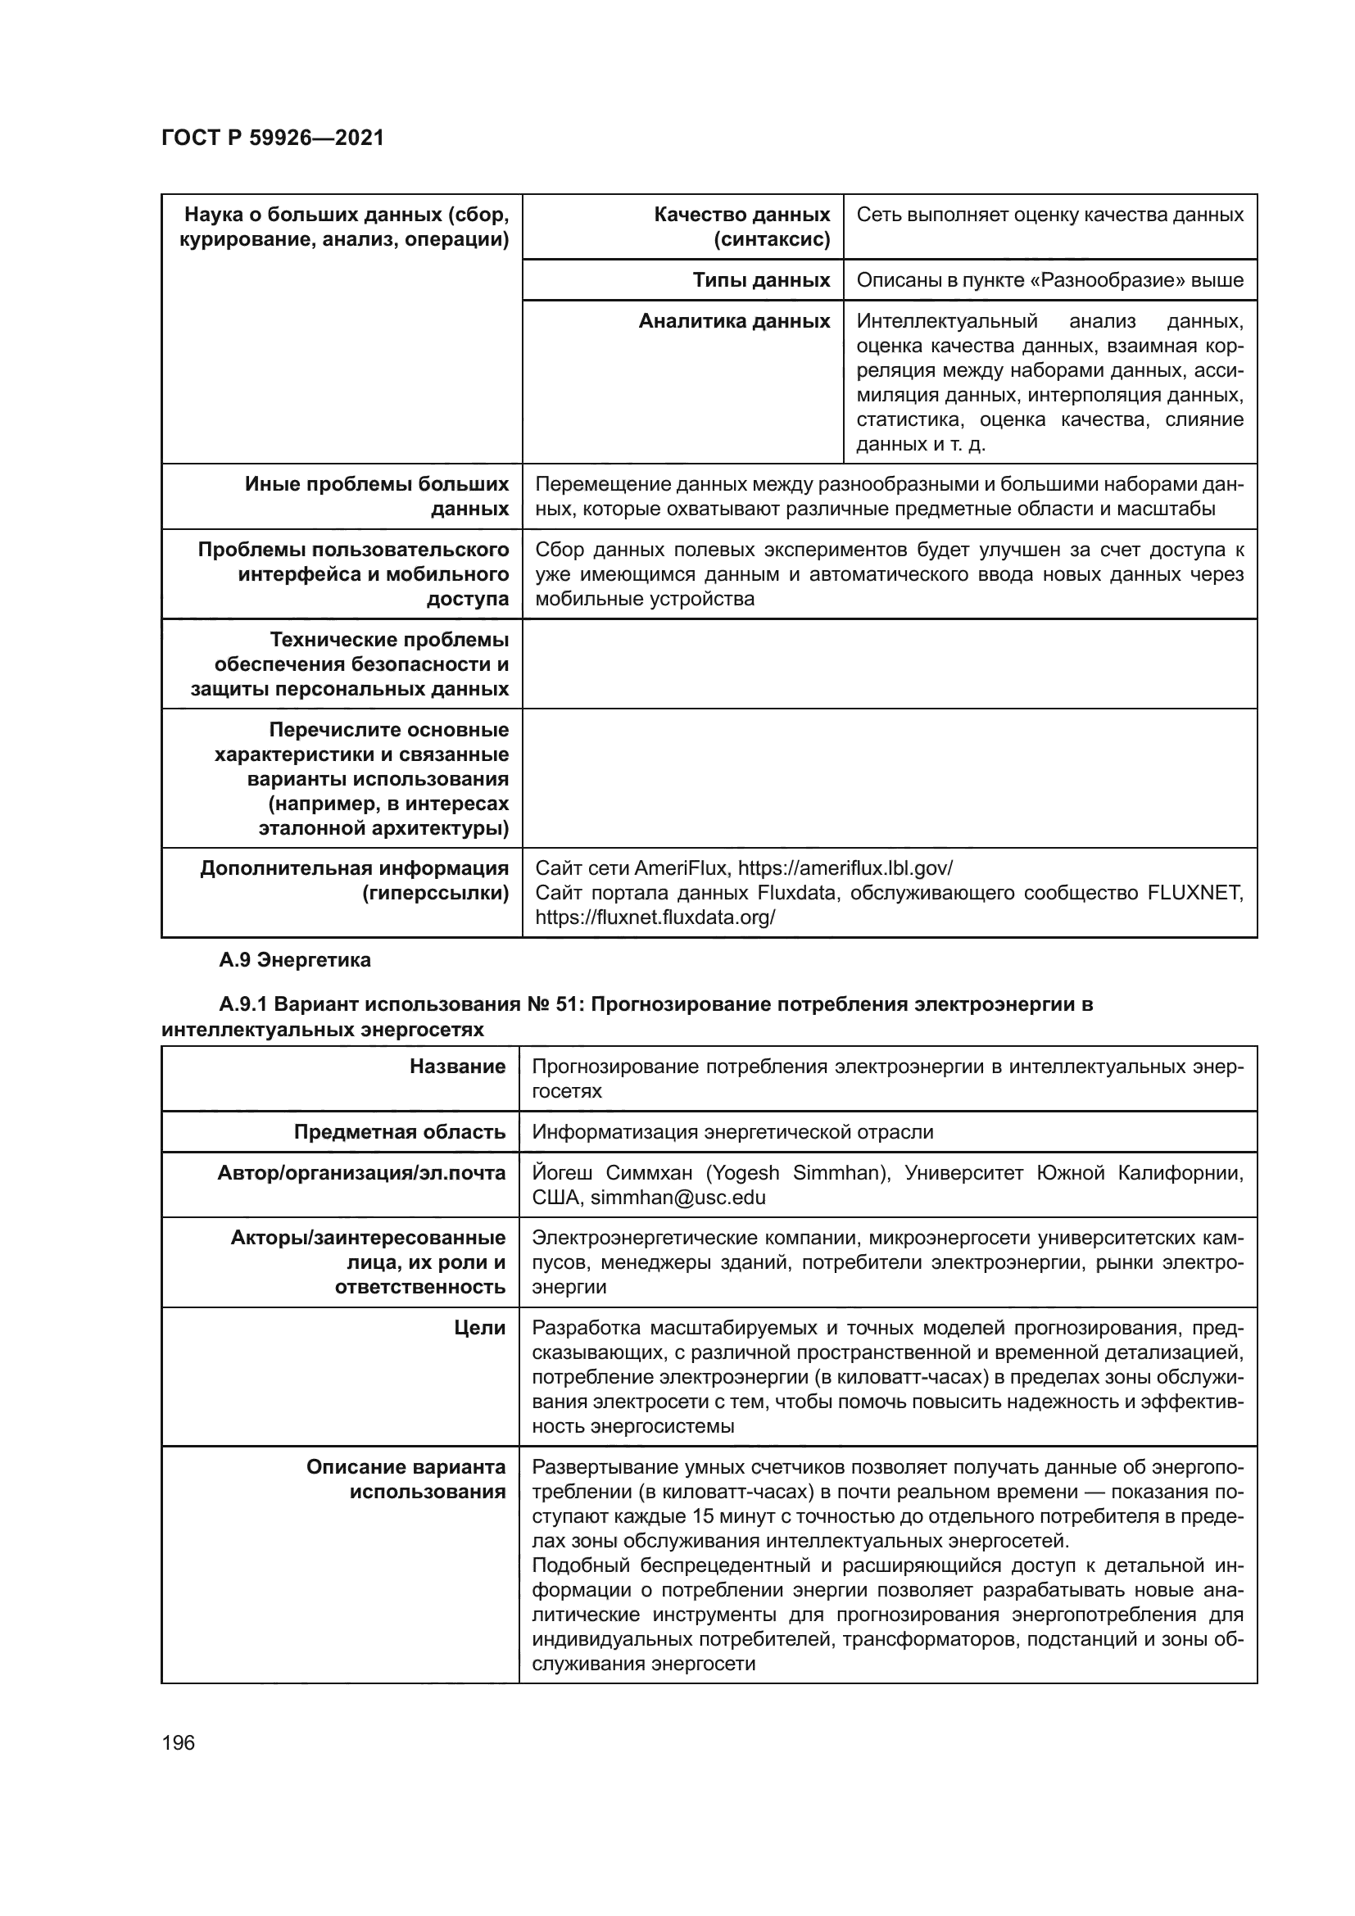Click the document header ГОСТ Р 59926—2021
[x=272, y=138]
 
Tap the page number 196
[x=179, y=1742]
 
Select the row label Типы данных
[x=760, y=280]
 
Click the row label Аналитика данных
[x=733, y=321]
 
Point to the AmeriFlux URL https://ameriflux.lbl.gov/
[x=845, y=868]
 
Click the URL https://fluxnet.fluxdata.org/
[x=655, y=918]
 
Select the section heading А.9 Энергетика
[x=295, y=961]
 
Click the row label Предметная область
[x=399, y=1132]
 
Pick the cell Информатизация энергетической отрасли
[x=732, y=1132]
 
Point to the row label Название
[x=457, y=1067]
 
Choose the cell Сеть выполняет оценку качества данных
[x=1049, y=215]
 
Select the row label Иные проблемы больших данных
[x=377, y=496]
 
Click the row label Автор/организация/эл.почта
[x=361, y=1173]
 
